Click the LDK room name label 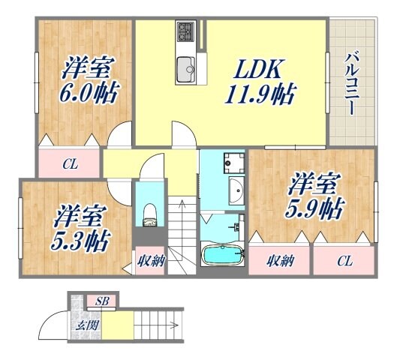point(259,70)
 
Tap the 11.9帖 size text point(259,95)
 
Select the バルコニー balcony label point(350,83)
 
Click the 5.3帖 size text point(81,242)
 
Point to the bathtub point(223,256)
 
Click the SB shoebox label point(103,301)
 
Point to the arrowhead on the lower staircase point(175,325)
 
